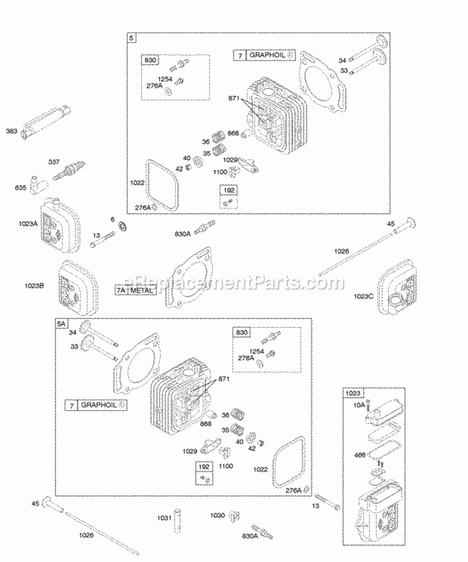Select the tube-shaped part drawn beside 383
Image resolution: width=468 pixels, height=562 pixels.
[x=46, y=119]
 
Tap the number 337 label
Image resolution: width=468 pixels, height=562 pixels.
[x=55, y=162]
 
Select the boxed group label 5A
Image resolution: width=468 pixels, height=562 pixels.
[x=61, y=324]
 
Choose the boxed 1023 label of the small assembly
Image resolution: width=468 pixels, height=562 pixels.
[x=353, y=394]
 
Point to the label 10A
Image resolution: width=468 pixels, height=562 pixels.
[x=358, y=405]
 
